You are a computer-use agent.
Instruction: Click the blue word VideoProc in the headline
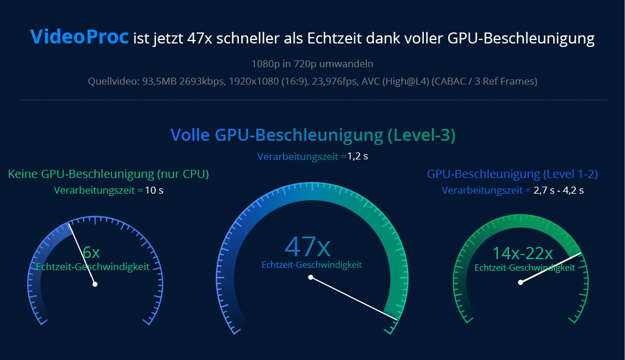tap(79, 38)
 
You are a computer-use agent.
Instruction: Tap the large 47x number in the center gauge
tap(308, 246)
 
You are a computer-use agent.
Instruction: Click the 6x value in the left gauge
tap(91, 252)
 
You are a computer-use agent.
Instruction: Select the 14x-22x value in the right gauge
tap(522, 253)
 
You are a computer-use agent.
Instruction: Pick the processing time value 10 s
tap(154, 190)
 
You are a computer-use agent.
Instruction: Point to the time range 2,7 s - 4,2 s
tap(558, 190)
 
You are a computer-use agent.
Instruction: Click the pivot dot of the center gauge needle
tap(311, 278)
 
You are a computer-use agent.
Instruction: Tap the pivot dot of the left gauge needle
tap(95, 284)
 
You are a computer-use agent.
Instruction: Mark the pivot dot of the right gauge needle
tap(521, 282)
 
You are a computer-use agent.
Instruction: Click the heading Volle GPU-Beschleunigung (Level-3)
tap(312, 135)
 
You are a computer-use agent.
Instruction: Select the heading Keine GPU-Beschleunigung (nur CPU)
tap(108, 174)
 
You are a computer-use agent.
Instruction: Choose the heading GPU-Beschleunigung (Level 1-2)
tap(512, 174)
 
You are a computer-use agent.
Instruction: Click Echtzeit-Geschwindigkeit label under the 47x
tap(311, 265)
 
